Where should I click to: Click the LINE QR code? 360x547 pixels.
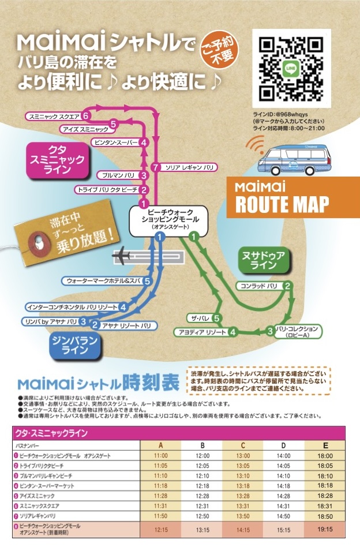tap(291, 68)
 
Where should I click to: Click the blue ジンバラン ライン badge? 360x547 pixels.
tap(74, 344)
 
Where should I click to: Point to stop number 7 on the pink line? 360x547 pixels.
tap(155, 167)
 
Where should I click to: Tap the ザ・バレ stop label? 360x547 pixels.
tap(199, 318)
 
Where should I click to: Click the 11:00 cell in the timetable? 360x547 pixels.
tap(160, 455)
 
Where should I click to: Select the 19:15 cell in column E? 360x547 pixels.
tap(324, 529)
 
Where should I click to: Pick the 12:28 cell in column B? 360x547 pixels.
tap(202, 496)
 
